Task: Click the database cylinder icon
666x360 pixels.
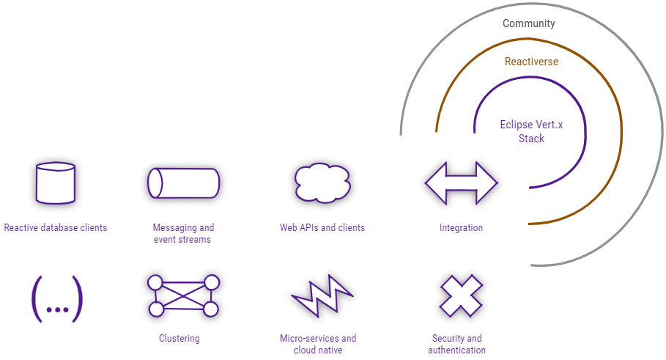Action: [x=56, y=183]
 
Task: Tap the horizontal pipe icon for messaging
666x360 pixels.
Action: [x=183, y=183]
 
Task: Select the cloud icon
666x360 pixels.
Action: [x=322, y=183]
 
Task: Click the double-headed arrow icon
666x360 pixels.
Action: [x=461, y=183]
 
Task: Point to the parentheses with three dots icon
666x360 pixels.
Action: [x=56, y=299]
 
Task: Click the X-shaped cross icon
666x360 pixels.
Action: [x=460, y=296]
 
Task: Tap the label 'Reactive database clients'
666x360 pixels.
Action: [x=56, y=228]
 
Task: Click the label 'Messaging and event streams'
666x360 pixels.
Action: [x=183, y=234]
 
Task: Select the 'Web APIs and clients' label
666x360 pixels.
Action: [x=322, y=228]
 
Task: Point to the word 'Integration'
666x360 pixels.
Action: [x=461, y=228]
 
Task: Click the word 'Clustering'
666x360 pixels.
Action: [x=180, y=339]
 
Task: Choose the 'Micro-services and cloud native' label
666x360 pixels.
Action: [x=318, y=345]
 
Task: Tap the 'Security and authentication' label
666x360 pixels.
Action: [x=456, y=345]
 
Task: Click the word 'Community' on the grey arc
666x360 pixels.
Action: [x=528, y=23]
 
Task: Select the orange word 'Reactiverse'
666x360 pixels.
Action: [x=531, y=62]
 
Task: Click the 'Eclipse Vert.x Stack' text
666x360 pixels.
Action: [x=531, y=132]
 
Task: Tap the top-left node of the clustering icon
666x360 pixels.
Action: [x=155, y=282]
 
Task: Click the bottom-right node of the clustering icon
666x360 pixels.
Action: [x=211, y=309]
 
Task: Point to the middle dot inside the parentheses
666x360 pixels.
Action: [x=56, y=309]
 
